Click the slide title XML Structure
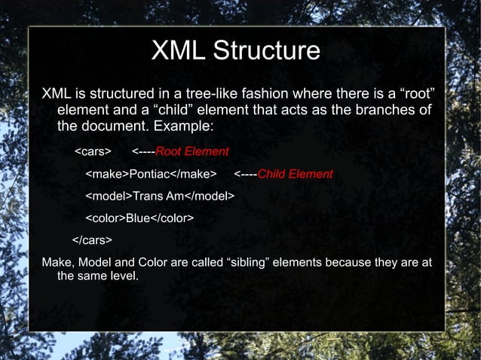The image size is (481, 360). [x=236, y=51]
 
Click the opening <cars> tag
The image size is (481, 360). [x=93, y=151]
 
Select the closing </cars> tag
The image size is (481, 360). [x=92, y=241]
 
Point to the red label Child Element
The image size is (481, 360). [x=295, y=174]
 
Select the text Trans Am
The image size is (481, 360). [x=159, y=197]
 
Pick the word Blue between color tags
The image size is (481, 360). [x=137, y=218]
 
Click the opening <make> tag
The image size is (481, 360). [x=107, y=174]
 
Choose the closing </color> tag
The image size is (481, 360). [x=172, y=218]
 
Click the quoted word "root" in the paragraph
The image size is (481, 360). [x=419, y=95]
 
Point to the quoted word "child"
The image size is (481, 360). [x=165, y=111]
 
